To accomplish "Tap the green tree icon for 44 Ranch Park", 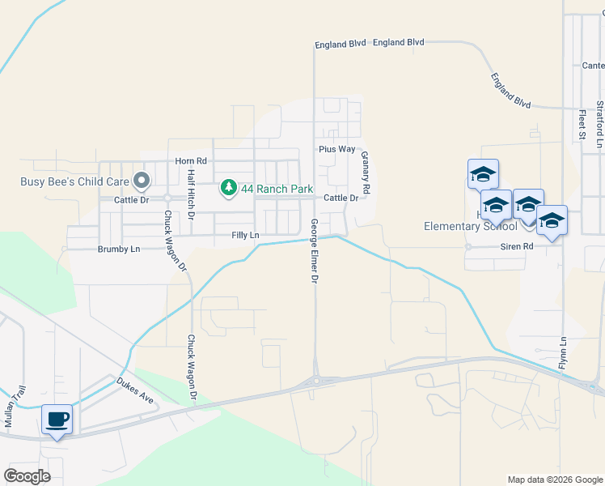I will pyautogui.click(x=229, y=189).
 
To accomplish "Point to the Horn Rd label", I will pyautogui.click(x=191, y=161).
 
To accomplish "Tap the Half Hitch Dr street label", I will pyautogui.click(x=191, y=195).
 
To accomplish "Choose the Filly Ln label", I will pyautogui.click(x=245, y=235).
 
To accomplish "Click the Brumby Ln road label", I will pyautogui.click(x=119, y=249).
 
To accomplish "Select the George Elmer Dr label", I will pyautogui.click(x=315, y=251).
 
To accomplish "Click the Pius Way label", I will pyautogui.click(x=336, y=149).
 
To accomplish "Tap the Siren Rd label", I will pyautogui.click(x=518, y=245).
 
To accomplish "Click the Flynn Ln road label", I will pyautogui.click(x=563, y=353).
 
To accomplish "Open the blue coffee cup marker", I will pyautogui.click(x=56, y=420).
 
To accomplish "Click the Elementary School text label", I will pyautogui.click(x=471, y=226).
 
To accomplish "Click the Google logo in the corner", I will pyautogui.click(x=27, y=476).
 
